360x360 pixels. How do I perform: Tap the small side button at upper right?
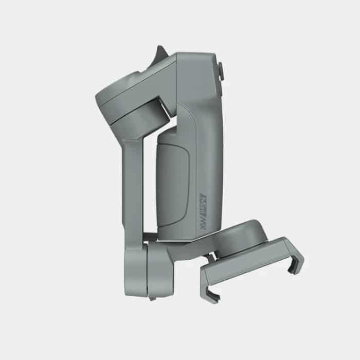[222, 71]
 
